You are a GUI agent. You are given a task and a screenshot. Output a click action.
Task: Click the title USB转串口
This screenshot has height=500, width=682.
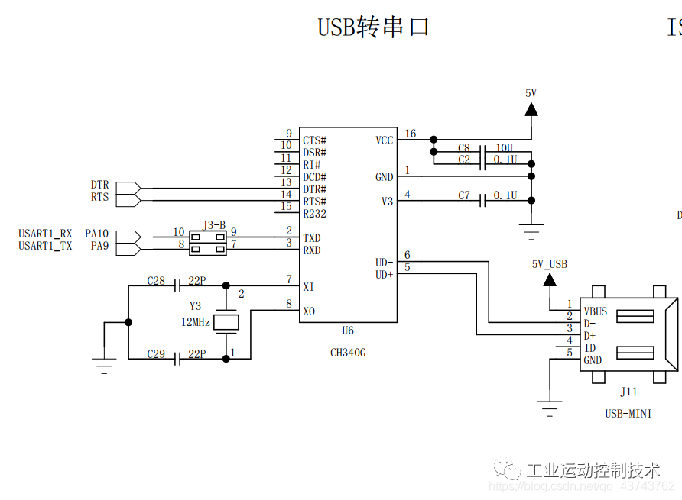tap(373, 27)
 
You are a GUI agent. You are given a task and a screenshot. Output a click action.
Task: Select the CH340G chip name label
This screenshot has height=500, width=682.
tap(348, 353)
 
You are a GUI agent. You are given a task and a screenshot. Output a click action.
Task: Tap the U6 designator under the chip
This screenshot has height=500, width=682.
tap(348, 331)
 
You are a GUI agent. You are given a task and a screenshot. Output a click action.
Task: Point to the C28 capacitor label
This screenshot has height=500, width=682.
tap(156, 281)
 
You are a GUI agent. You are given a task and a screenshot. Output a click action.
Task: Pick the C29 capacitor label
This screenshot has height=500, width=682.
tap(156, 354)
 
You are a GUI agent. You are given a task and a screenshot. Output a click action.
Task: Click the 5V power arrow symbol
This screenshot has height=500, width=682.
tap(531, 108)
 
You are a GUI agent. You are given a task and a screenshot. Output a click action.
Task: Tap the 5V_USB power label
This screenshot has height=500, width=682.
tap(550, 264)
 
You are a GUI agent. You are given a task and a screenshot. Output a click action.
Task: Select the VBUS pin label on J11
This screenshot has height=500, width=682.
tap(596, 311)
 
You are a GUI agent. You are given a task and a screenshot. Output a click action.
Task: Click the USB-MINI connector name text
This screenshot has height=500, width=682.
tap(628, 414)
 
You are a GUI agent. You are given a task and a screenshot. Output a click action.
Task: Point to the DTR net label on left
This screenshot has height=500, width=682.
tap(99, 185)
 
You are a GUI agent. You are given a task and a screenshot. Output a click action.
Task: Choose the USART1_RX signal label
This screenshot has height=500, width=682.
tap(45, 234)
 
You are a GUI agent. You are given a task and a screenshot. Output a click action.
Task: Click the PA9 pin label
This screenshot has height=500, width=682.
tap(99, 246)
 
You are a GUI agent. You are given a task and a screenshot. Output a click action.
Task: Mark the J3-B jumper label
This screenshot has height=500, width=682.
tap(214, 225)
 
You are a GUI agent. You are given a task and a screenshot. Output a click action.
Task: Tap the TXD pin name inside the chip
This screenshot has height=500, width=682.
tap(311, 238)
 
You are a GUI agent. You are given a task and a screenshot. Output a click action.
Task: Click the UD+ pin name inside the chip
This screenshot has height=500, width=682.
tap(384, 275)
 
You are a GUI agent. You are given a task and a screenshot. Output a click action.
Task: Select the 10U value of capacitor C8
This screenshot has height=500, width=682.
tap(505, 147)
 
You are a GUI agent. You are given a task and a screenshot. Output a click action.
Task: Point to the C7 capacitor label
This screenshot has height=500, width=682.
tap(464, 195)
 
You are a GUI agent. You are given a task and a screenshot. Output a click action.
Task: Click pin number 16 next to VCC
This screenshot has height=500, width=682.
tap(411, 134)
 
